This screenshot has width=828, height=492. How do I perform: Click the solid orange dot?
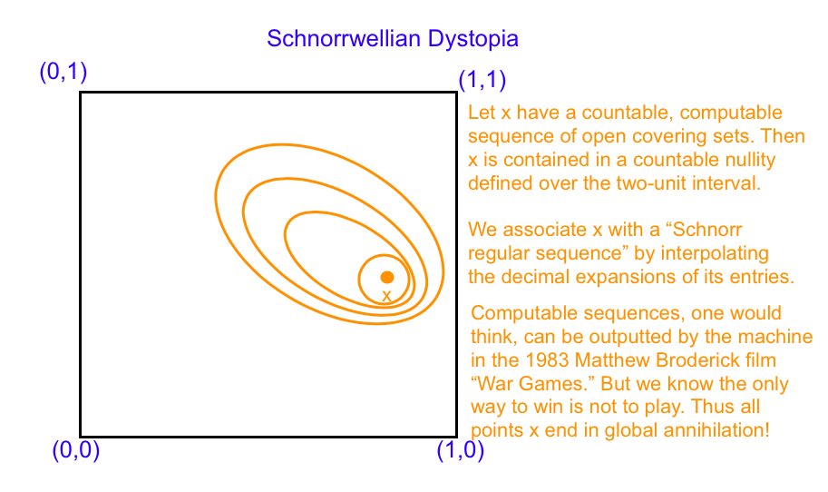coord(387,277)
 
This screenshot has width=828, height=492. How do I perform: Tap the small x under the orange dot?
coord(386,297)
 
